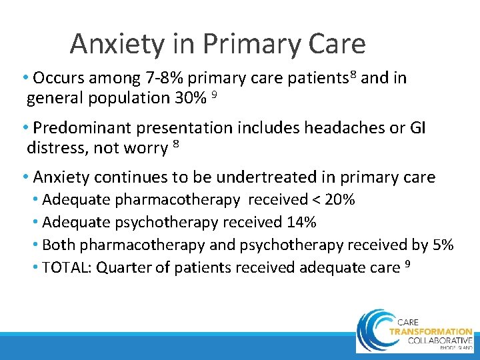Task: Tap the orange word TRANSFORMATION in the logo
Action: point(430,331)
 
